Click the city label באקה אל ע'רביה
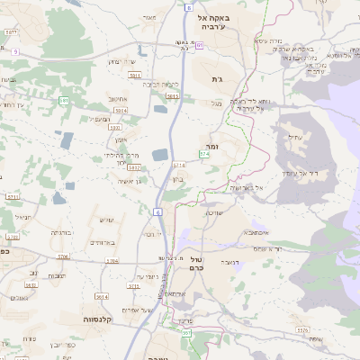(220, 22)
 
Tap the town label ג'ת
(217, 79)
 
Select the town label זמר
(213, 144)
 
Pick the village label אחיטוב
(117, 98)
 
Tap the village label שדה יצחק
(120, 61)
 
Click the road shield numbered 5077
(13, 32)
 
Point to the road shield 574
(204, 155)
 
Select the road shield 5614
(102, 296)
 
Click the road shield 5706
(63, 256)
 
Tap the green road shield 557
(186, 334)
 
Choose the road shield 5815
(173, 95)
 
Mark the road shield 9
(14, 51)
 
